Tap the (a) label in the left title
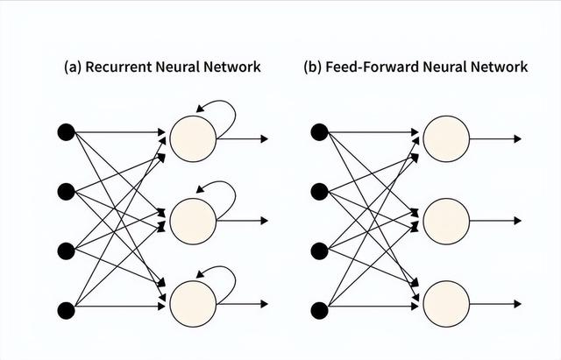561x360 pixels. coord(72,67)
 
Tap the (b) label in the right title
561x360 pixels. coord(312,67)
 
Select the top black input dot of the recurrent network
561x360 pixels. coord(66,132)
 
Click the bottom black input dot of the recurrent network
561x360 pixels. coord(66,308)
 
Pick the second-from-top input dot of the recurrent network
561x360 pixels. coord(66,191)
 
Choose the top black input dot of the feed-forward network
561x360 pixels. coord(319,132)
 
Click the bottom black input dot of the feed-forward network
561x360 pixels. coord(319,308)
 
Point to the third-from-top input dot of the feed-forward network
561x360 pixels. coord(319,251)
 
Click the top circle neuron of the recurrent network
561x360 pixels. coord(191,138)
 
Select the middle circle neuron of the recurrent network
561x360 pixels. coord(191,221)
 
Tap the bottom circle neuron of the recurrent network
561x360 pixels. coord(191,303)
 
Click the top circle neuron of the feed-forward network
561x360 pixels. coord(445,138)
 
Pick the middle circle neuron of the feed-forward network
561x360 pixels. coord(445,221)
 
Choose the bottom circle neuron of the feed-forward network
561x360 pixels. coord(445,303)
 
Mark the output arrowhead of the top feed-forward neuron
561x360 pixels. coord(518,138)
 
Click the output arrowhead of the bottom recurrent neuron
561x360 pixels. coord(264,303)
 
